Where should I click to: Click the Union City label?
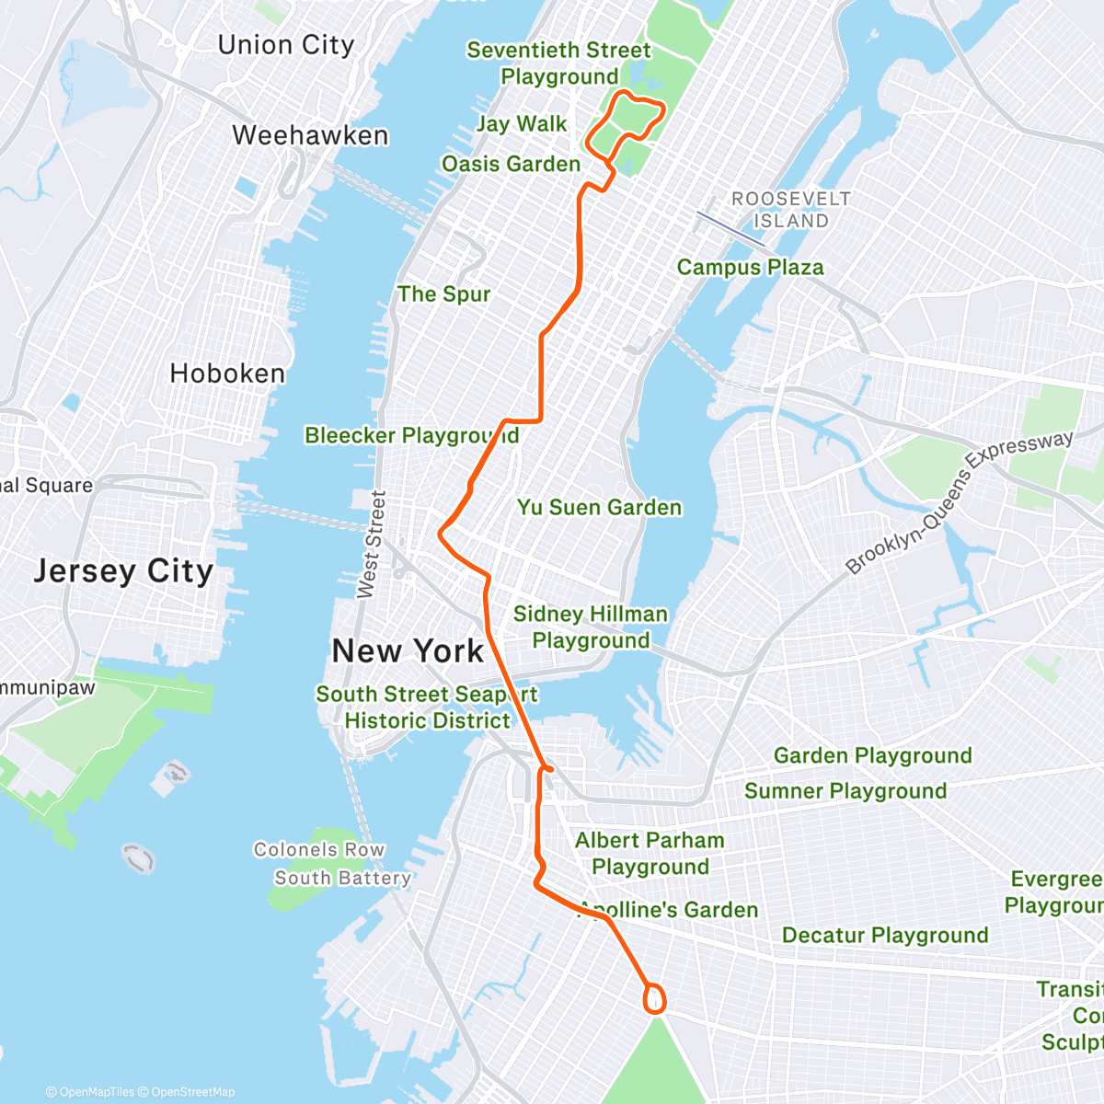286,45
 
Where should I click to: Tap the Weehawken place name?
310,135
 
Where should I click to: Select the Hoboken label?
227,374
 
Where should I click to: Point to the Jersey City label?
123,571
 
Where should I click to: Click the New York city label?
408,651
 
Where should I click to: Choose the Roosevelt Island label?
791,210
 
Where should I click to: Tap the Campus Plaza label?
750,268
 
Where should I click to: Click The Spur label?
443,294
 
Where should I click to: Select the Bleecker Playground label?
411,435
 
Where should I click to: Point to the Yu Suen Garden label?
599,508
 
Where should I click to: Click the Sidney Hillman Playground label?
591,627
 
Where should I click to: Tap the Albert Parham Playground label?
650,854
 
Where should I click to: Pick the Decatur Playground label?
885,936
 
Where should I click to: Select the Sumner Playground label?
845,791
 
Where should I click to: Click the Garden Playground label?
872,756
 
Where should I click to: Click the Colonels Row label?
318,850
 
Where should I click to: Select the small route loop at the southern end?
655,1000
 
